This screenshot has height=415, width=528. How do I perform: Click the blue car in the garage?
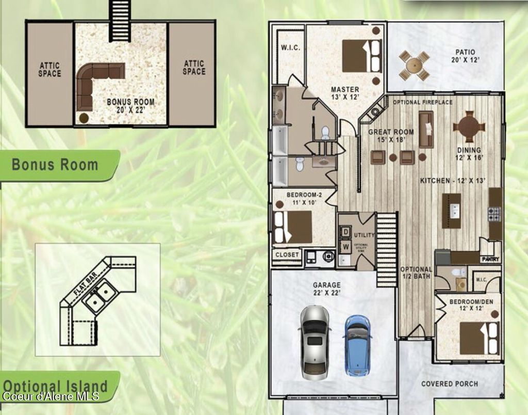pyautogui.click(x=357, y=345)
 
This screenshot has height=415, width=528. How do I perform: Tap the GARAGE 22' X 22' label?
pyautogui.click(x=326, y=289)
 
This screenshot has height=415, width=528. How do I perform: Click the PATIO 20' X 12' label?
pyautogui.click(x=465, y=56)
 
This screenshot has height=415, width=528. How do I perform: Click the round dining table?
pyautogui.click(x=469, y=126)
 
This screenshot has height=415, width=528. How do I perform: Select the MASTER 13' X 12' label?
pyautogui.click(x=345, y=93)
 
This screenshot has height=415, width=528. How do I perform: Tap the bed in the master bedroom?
pyautogui.click(x=361, y=56)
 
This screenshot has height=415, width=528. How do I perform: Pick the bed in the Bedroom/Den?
pyautogui.click(x=479, y=338)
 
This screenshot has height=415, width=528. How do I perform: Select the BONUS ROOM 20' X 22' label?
pyautogui.click(x=130, y=106)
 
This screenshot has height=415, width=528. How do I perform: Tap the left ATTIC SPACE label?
pyautogui.click(x=49, y=69)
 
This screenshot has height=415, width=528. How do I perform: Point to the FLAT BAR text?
pyautogui.click(x=85, y=283)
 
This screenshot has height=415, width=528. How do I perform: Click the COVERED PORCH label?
pyautogui.click(x=449, y=384)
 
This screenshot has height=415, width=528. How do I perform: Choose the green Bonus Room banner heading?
pyautogui.click(x=55, y=165)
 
